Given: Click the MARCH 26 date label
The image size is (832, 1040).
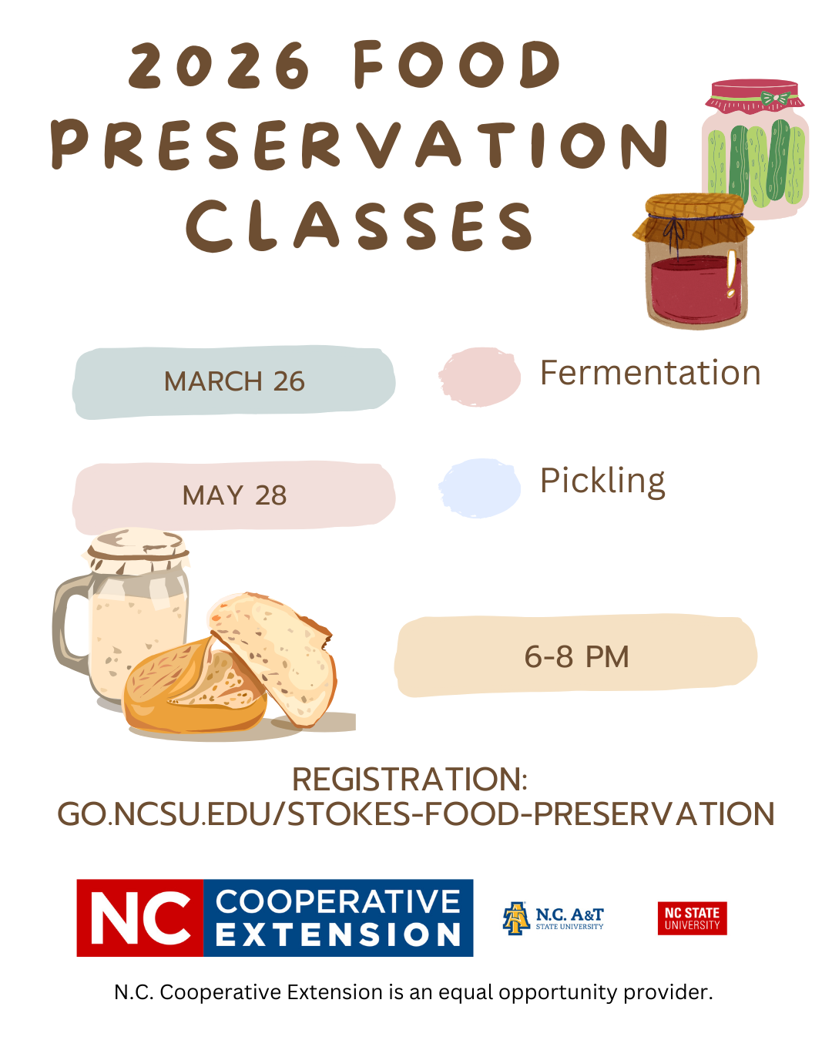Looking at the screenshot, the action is tap(234, 381).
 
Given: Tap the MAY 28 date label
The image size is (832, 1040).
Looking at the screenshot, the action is tap(234, 495).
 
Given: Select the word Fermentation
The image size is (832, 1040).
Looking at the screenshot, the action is tap(650, 373).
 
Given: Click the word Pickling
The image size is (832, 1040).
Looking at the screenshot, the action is tap(602, 481).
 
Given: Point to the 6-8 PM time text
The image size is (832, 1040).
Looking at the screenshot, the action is tap(577, 657).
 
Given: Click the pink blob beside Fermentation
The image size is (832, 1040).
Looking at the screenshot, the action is tap(479, 377).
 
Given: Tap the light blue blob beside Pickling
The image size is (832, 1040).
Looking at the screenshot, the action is tap(479, 488).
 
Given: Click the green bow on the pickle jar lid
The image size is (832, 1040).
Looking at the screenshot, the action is tap(775, 99).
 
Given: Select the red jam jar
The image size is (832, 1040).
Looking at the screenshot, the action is tap(693, 261).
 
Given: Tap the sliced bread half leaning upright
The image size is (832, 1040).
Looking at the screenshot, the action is tap(273, 658).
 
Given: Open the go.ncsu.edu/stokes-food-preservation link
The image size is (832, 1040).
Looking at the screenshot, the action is tap(416, 814).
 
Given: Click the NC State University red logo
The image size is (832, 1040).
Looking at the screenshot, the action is tap(692, 918).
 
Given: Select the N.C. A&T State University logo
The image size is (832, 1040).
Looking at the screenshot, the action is tap(553, 918).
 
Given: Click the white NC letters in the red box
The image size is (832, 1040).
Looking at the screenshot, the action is tap(140, 918).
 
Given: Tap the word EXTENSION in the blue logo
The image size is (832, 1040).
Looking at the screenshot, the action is tap(338, 935).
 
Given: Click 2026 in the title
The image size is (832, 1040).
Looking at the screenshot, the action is tap(219, 65).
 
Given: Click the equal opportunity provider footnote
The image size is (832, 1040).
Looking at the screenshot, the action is tap(414, 992).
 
